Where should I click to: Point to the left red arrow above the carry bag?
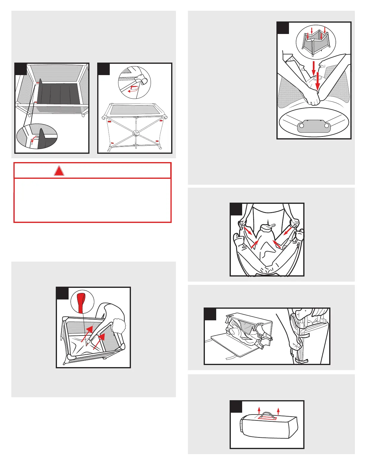[x=259, y=411]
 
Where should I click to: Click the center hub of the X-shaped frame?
[x=136, y=133]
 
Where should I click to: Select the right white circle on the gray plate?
[x=327, y=126]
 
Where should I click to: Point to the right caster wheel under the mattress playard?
[x=83, y=115]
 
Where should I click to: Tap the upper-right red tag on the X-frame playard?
[x=161, y=121]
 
